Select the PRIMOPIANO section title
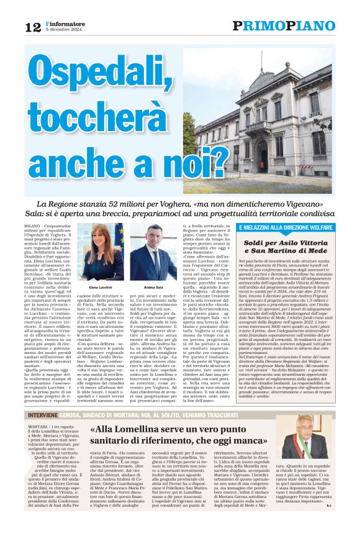283,25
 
